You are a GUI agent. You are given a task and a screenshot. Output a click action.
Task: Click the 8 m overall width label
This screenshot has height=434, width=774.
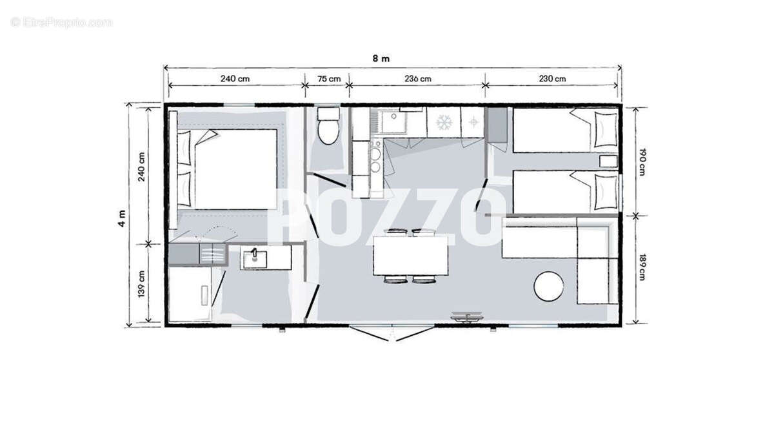tap(381, 59)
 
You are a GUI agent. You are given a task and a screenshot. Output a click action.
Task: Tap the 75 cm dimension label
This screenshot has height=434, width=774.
tap(329, 79)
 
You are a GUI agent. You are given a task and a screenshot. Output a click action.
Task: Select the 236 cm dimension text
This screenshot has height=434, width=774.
tap(418, 79)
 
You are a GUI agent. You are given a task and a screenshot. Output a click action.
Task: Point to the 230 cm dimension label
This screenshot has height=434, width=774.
tap(552, 79)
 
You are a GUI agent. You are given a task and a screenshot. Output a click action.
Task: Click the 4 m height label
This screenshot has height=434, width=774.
tap(122, 218)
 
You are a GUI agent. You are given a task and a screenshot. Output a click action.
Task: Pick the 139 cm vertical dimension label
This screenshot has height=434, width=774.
tap(141, 284)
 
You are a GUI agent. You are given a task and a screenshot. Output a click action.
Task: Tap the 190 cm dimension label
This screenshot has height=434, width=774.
tap(642, 162)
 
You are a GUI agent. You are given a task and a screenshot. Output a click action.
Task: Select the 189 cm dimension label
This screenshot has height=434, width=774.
tap(642, 267)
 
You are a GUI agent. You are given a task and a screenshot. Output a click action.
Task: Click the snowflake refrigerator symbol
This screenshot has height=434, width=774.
tap(444, 123)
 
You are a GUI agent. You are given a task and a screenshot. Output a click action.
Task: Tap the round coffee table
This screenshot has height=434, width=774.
tap(549, 286)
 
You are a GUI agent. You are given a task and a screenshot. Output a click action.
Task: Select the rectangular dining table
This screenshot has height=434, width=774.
tap(410, 255)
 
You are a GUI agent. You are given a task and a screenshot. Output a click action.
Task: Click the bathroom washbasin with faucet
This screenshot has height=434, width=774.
tap(255, 260)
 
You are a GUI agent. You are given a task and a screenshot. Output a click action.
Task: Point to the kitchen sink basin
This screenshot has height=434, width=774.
tap(393, 122)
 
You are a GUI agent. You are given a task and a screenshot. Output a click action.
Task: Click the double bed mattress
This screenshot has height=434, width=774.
tap(235, 169)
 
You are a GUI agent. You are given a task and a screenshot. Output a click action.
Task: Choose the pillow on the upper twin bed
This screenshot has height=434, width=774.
tap(606, 129)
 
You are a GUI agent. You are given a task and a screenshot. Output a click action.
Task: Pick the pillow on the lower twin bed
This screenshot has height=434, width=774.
tap(606, 192)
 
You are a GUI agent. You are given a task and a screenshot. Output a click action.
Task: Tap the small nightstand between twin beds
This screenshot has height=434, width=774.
tap(608, 161)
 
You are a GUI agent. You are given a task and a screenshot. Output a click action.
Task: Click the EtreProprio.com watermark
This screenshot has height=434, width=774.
tap(61, 23)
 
